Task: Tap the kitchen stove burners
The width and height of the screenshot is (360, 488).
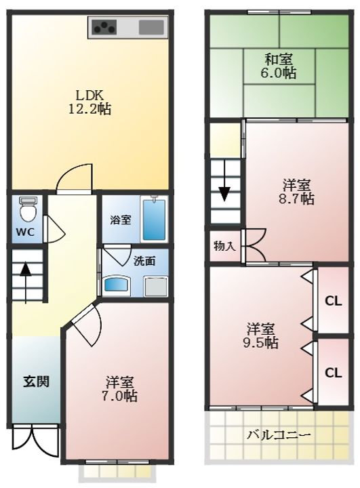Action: coord(106,28)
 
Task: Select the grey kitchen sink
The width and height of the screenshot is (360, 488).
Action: coord(151,28)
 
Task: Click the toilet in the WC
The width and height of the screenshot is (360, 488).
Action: coord(26,210)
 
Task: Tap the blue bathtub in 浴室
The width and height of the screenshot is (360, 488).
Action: coord(154,218)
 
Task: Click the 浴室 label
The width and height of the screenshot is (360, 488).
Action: coord(121,220)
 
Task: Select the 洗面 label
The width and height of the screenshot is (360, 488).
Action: coord(144,260)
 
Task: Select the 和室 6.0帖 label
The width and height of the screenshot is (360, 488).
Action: coord(279,66)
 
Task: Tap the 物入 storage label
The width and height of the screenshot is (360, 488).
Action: coord(224,246)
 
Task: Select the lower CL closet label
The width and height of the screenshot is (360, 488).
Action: coord(333,372)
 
